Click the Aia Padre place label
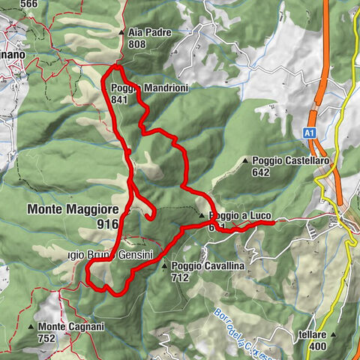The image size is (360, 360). click(149, 33)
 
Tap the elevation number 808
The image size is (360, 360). click(136, 44)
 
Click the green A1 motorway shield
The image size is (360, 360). click(309, 132)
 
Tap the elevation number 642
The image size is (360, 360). click(261, 172)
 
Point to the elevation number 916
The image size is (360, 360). click(108, 223)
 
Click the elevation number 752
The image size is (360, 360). click(47, 338)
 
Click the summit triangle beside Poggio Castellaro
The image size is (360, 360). click(246, 160)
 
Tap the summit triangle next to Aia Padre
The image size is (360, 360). click(122, 33)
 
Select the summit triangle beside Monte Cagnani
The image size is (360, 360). click(31, 328)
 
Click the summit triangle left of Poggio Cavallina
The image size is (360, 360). click(165, 266)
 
